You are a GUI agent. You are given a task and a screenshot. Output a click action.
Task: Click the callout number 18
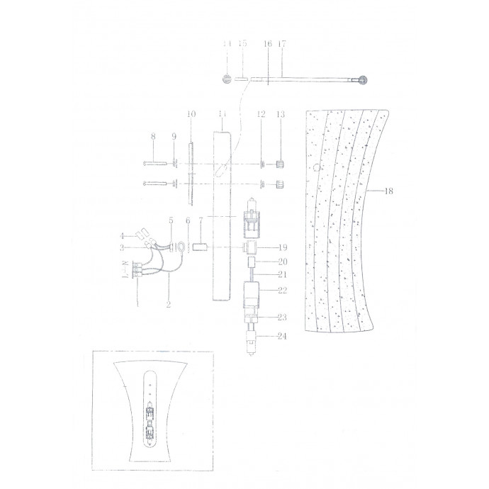(x=390, y=191)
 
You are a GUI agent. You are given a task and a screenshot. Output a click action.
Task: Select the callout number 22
(x=283, y=291)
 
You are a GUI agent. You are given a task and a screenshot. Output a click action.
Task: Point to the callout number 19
(x=282, y=247)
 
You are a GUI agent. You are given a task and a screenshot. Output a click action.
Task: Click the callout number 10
(x=190, y=114)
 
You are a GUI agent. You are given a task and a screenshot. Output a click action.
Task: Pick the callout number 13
(x=280, y=114)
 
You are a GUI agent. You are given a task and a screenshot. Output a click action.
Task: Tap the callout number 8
(x=152, y=137)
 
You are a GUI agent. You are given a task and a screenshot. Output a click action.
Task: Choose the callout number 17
(x=282, y=44)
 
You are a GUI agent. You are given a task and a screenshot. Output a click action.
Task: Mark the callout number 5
(x=170, y=220)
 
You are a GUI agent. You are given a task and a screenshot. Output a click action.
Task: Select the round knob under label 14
(x=227, y=80)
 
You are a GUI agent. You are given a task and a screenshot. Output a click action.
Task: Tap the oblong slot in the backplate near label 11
(x=224, y=168)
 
